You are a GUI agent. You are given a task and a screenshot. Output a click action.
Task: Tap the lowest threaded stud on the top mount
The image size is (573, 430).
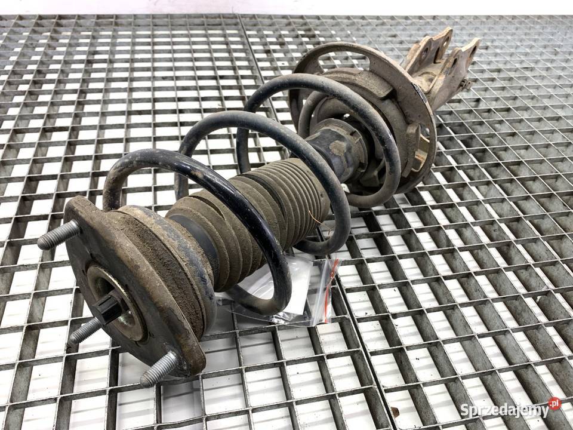159,368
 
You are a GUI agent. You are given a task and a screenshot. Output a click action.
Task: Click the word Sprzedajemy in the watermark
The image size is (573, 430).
505,410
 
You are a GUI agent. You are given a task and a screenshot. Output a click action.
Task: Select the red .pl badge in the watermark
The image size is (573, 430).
554,403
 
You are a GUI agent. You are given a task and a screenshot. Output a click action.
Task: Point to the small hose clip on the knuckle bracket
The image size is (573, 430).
465,84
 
